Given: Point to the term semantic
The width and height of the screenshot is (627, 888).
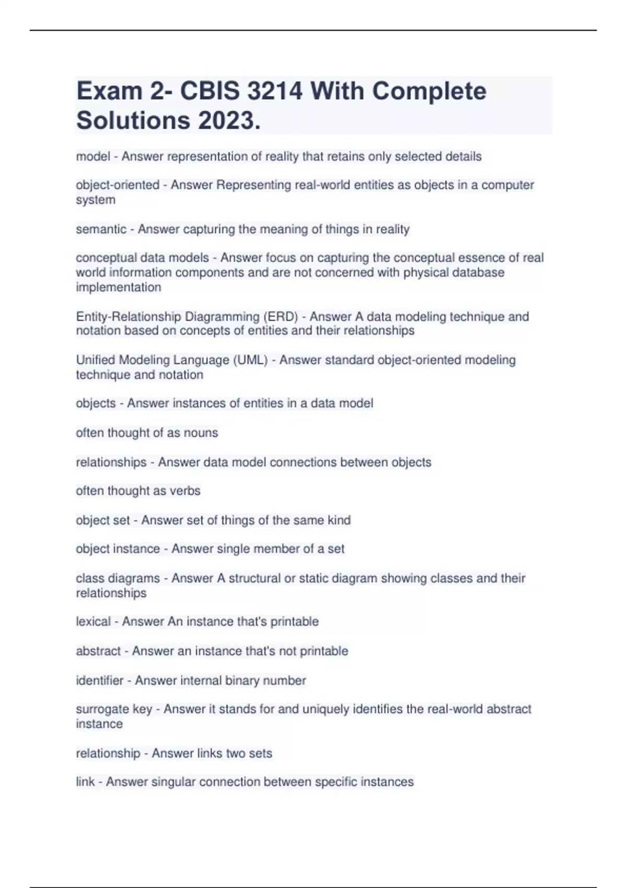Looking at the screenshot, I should tap(101, 229).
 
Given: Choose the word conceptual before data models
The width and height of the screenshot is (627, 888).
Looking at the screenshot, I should tap(106, 258).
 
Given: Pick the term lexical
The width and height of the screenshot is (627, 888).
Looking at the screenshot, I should tap(93, 622).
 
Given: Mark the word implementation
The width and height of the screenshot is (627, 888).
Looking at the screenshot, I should tap(119, 287).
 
